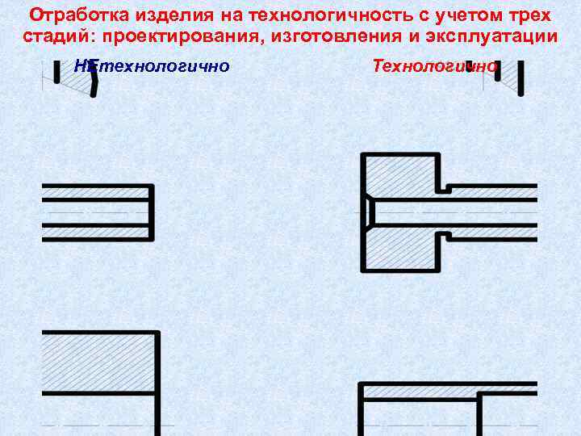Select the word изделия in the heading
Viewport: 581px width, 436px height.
[157, 16]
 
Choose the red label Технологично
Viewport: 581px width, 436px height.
[434, 65]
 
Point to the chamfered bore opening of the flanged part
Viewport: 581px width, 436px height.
[368, 212]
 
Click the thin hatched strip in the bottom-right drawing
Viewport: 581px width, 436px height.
[420, 392]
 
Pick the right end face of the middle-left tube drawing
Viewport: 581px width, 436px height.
[152, 212]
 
